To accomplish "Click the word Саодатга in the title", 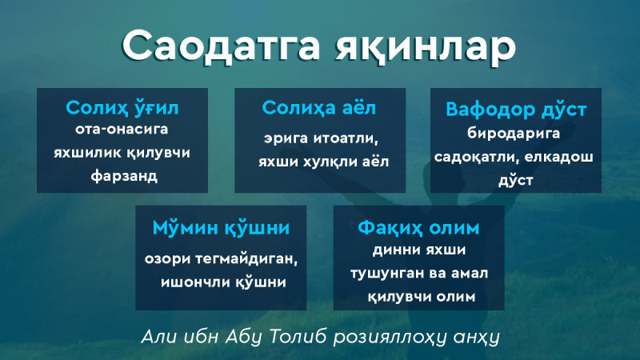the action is point(221,46).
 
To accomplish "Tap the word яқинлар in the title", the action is point(426,48).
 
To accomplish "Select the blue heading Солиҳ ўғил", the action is point(122,108).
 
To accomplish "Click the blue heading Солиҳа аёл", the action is point(318,108).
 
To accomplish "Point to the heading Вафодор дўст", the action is point(516,110).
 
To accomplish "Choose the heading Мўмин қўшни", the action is point(221,228).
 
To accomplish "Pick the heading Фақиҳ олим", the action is point(418,228).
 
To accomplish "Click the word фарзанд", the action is point(124,176).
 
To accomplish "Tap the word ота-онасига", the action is point(122,129).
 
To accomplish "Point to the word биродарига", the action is point(514,134).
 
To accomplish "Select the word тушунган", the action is point(386,274).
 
